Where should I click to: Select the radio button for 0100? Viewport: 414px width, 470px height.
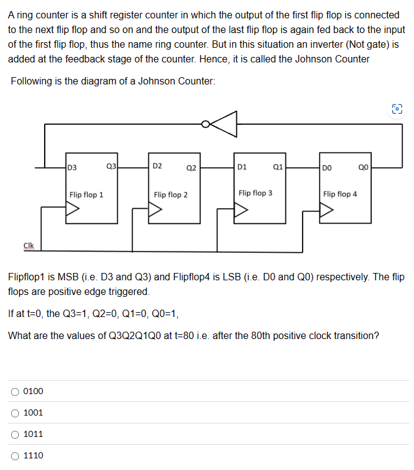click(x=15, y=391)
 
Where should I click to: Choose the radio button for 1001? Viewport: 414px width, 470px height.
click(x=15, y=412)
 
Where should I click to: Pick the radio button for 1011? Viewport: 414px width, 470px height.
click(x=15, y=434)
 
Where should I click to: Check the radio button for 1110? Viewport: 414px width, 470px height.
click(x=15, y=455)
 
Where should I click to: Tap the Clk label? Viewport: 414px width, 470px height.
click(x=29, y=245)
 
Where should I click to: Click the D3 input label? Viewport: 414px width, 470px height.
click(x=72, y=166)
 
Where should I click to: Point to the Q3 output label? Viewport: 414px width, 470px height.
click(x=111, y=166)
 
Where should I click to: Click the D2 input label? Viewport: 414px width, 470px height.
click(x=157, y=166)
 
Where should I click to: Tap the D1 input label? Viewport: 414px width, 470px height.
click(x=242, y=166)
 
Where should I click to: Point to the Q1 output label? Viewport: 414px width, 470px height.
click(x=277, y=166)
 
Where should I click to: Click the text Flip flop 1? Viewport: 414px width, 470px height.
click(x=86, y=195)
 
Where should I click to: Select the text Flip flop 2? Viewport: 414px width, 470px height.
click(x=171, y=195)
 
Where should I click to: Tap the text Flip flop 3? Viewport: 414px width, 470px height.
click(x=255, y=193)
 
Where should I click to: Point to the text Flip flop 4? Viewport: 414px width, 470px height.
click(x=340, y=194)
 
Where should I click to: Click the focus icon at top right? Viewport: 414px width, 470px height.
click(x=397, y=110)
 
